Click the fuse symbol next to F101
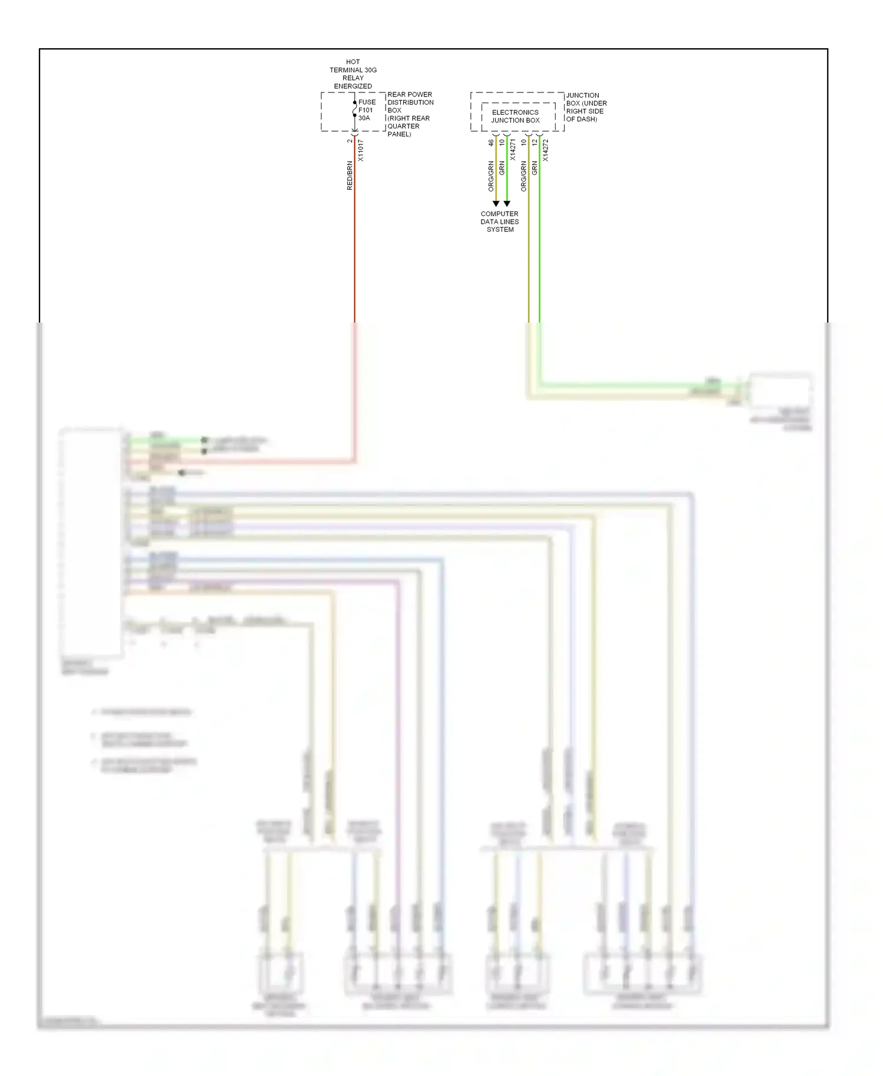pyautogui.click(x=354, y=109)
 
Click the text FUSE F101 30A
pyautogui.click(x=367, y=110)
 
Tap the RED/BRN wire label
pyautogui.click(x=350, y=175)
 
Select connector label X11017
pyautogui.click(x=361, y=151)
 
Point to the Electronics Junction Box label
pyautogui.click(x=515, y=116)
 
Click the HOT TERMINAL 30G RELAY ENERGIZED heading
pyautogui.click(x=353, y=74)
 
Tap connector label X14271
pyautogui.click(x=513, y=150)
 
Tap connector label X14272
pyautogui.click(x=546, y=150)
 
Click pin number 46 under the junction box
pyautogui.click(x=491, y=142)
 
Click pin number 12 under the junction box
pyautogui.click(x=535, y=142)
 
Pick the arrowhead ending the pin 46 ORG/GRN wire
pyautogui.click(x=496, y=204)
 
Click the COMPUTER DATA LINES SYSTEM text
pyautogui.click(x=499, y=222)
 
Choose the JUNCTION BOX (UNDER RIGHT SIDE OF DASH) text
pyautogui.click(x=586, y=107)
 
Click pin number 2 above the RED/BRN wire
pyautogui.click(x=350, y=141)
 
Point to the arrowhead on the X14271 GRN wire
pyautogui.click(x=507, y=204)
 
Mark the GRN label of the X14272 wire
pyautogui.click(x=535, y=168)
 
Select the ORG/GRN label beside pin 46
pyautogui.click(x=491, y=176)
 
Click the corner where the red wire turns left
pyautogui.click(x=354, y=461)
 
